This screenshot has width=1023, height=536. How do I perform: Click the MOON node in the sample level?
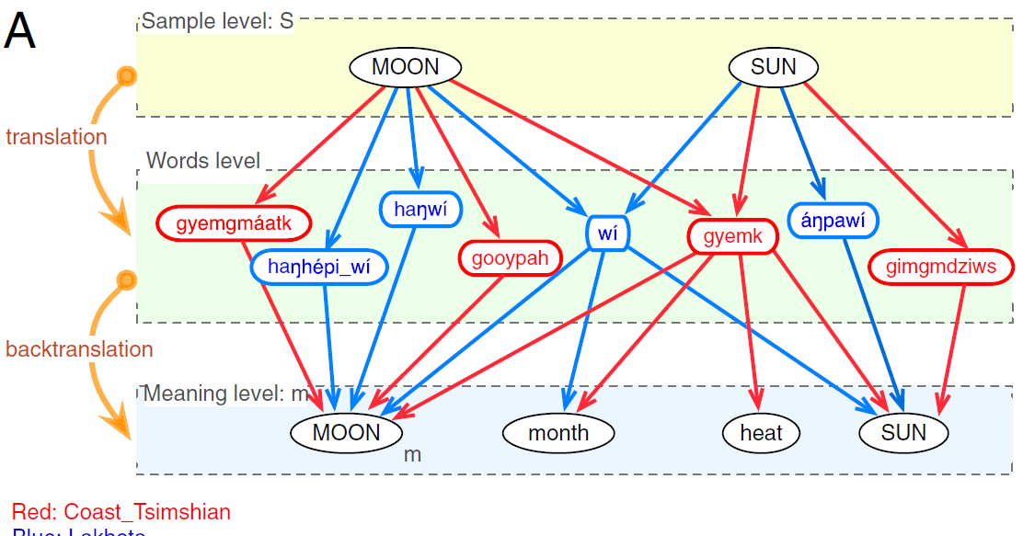click(x=406, y=67)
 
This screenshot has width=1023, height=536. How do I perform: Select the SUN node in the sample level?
click(x=774, y=67)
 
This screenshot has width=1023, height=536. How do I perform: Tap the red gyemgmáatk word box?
click(x=234, y=222)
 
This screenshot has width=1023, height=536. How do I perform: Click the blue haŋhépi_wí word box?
click(x=319, y=267)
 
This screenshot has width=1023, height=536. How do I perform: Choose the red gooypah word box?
click(x=510, y=258)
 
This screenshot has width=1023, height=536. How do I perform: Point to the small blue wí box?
click(x=607, y=233)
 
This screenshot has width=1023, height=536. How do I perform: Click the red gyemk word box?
click(x=732, y=236)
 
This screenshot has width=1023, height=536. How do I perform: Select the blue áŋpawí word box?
click(x=833, y=220)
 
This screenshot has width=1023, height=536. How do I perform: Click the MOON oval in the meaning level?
click(x=346, y=432)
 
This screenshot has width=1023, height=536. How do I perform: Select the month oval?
click(x=558, y=432)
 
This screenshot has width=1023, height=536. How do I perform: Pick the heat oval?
click(x=761, y=432)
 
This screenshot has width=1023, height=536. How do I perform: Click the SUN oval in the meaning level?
click(x=903, y=432)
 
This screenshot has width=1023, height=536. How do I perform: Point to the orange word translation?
click(x=56, y=137)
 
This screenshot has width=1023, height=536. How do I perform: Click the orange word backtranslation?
click(x=79, y=349)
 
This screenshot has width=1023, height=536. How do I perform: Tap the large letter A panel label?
click(x=20, y=32)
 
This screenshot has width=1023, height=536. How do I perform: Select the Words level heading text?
click(x=203, y=161)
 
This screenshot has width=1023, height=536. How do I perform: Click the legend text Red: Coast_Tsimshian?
click(x=121, y=512)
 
